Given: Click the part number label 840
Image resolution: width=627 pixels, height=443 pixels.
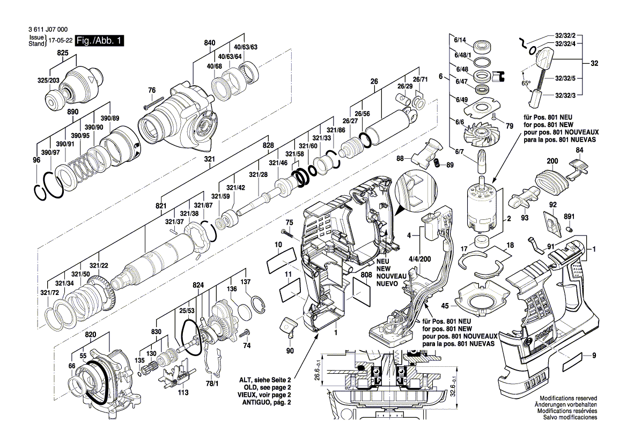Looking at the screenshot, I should (209, 42).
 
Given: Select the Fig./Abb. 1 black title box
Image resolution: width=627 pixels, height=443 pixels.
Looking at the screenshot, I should (100, 41).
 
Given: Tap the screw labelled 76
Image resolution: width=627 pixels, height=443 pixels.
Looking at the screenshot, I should (153, 102).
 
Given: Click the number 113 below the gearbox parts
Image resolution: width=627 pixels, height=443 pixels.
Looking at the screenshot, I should (183, 392).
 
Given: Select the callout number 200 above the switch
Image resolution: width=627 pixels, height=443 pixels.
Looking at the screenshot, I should (552, 160).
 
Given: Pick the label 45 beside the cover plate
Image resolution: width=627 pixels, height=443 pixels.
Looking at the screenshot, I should (445, 305).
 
